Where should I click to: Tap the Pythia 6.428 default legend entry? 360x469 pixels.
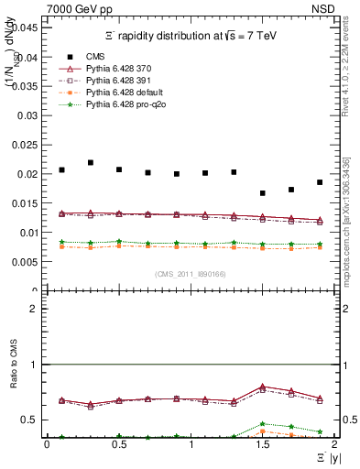(x=126, y=93)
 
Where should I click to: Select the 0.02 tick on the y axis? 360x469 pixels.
(x=30, y=174)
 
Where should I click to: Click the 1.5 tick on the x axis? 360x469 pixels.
(x=262, y=444)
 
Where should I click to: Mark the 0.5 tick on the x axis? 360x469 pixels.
(x=119, y=444)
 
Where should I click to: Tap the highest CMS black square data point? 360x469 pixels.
(x=91, y=162)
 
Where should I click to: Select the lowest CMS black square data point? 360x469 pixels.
(x=263, y=193)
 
